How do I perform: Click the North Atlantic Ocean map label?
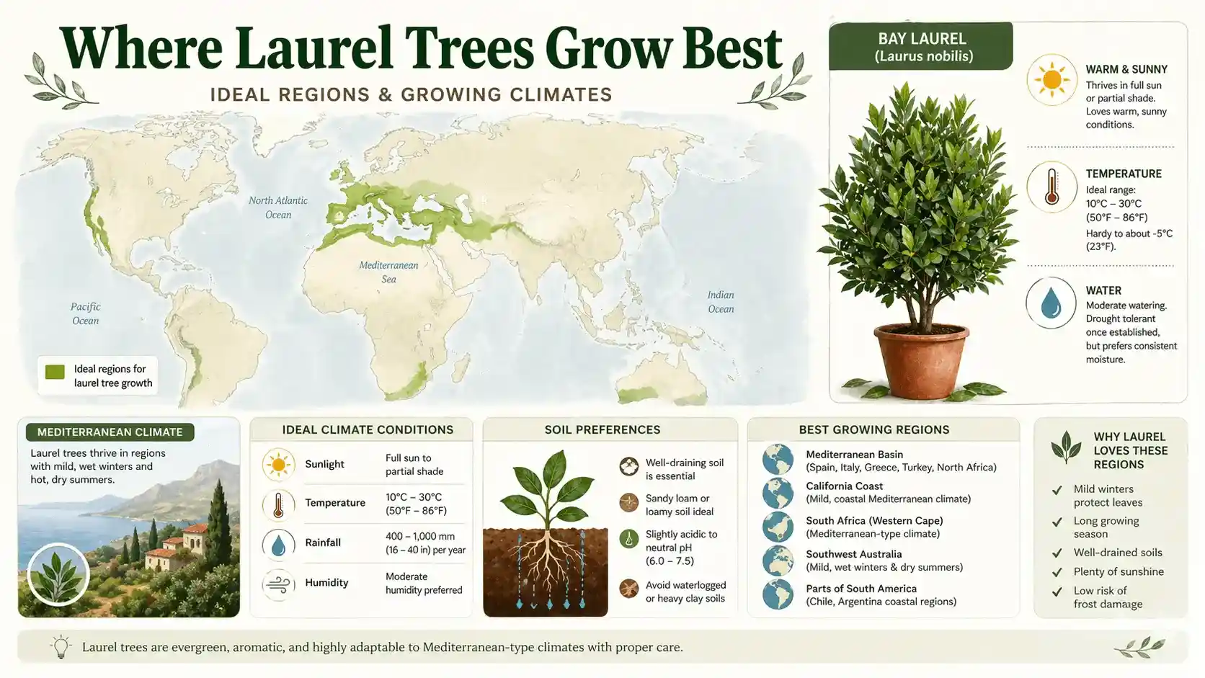[x=278, y=208]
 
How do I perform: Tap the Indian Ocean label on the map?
[x=721, y=302]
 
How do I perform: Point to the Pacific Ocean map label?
[x=85, y=313]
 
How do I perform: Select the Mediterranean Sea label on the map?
[x=388, y=272]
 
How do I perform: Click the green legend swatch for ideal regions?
[x=55, y=372]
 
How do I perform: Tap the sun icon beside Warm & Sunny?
[x=1051, y=79]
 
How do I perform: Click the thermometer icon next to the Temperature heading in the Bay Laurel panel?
[x=1051, y=187]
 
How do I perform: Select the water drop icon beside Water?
[x=1051, y=303]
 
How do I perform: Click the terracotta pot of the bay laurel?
[x=921, y=360]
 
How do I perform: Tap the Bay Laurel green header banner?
[x=921, y=46]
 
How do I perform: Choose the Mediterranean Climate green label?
[x=110, y=432]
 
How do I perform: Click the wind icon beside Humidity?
[x=278, y=584]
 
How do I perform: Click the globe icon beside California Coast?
[x=778, y=493]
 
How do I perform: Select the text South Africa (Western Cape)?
[x=874, y=520]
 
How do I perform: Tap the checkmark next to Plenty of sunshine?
[x=1057, y=572]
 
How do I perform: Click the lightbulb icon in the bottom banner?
[x=61, y=646]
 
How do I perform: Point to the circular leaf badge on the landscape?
[x=58, y=574]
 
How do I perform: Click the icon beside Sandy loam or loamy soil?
[x=629, y=503]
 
